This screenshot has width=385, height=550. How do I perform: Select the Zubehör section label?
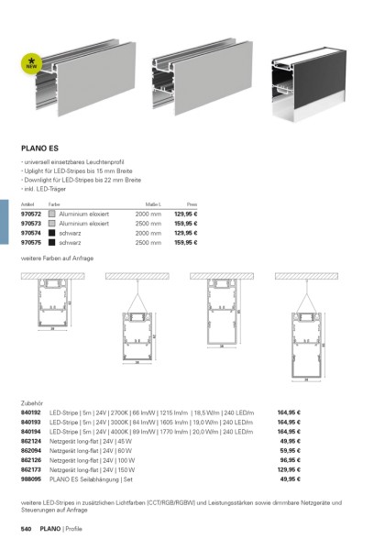pos(32,402)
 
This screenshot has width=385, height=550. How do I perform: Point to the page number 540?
pos(27,531)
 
